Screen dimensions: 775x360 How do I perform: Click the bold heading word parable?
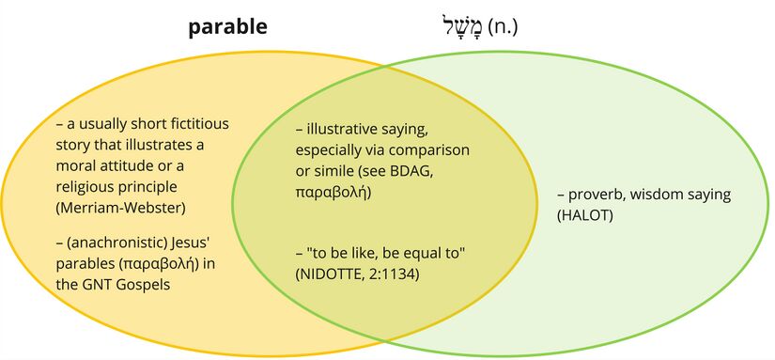point(227,27)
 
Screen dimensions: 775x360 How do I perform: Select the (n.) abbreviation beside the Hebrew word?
point(503,27)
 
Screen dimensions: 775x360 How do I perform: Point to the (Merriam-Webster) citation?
point(120,209)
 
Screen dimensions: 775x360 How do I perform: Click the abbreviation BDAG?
point(411,171)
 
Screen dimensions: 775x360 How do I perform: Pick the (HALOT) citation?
point(584,216)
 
